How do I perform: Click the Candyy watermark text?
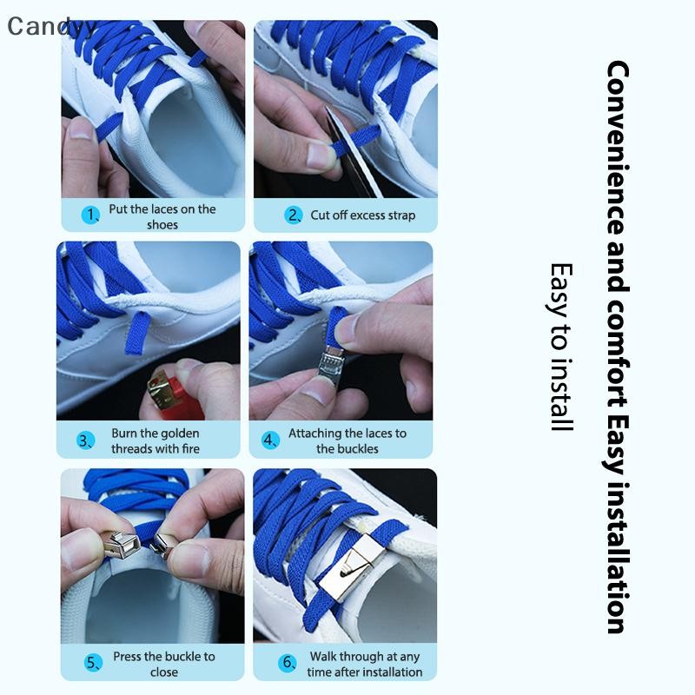click(x=51, y=26)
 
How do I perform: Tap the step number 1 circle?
click(x=90, y=215)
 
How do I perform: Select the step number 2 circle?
click(x=293, y=215)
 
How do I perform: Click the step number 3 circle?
click(x=85, y=440)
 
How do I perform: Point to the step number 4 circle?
click(x=270, y=440)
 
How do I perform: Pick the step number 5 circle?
click(x=93, y=663)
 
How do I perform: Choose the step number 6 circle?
click(x=288, y=663)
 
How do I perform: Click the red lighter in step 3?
click(x=175, y=398)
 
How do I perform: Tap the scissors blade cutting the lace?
click(x=353, y=150)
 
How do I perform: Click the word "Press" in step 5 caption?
click(x=127, y=657)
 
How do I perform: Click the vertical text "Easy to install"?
click(x=561, y=347)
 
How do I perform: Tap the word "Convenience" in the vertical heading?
click(x=617, y=148)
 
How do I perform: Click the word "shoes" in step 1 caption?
click(x=162, y=225)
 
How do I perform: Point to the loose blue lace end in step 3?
click(x=137, y=333)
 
